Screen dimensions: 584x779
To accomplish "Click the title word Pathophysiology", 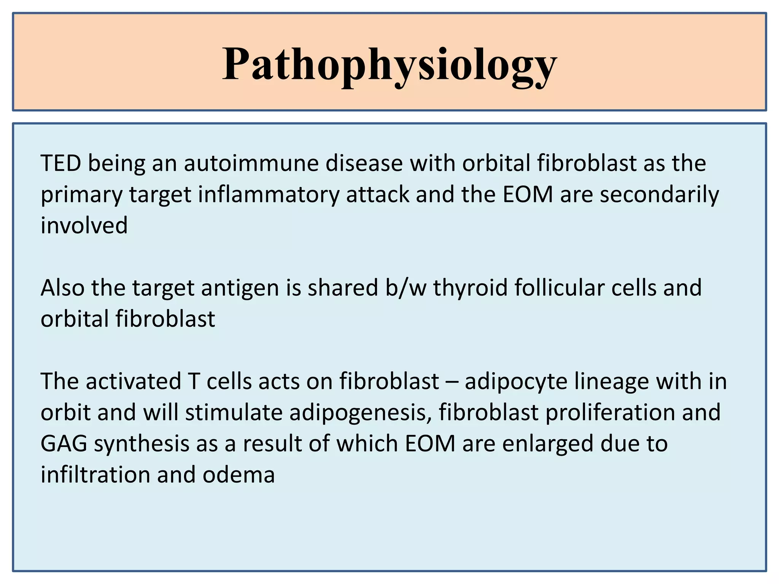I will click(x=389, y=65).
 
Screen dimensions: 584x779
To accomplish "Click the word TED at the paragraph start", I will click(x=61, y=163).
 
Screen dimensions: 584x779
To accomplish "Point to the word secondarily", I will click(x=659, y=195).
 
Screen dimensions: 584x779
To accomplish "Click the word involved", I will click(x=84, y=225).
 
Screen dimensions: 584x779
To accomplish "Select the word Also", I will click(x=62, y=288).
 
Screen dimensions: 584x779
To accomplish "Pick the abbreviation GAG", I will click(x=64, y=444).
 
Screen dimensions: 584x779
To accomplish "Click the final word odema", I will click(x=238, y=475).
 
